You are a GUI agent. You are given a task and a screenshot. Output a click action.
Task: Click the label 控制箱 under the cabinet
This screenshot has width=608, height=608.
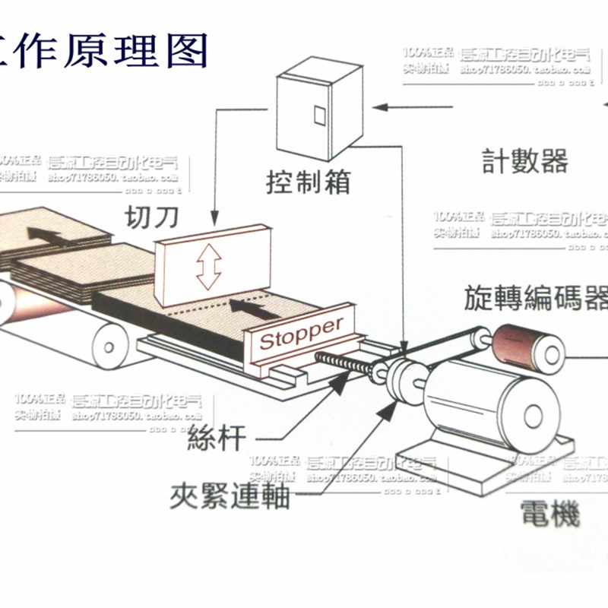pos(307,182)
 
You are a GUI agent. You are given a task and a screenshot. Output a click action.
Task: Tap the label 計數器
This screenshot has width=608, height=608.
pos(525,161)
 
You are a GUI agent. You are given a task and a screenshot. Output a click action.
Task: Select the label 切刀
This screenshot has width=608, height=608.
pos(152,218)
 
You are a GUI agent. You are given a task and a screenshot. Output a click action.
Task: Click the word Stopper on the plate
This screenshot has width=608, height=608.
pos(302,333)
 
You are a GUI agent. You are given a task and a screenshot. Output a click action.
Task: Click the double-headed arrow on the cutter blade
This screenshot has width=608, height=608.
pos(208,268)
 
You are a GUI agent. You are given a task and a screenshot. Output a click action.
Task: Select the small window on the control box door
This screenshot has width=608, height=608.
pos(319,115)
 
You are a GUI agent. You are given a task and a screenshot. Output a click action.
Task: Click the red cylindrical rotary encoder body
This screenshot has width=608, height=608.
pos(514,343)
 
